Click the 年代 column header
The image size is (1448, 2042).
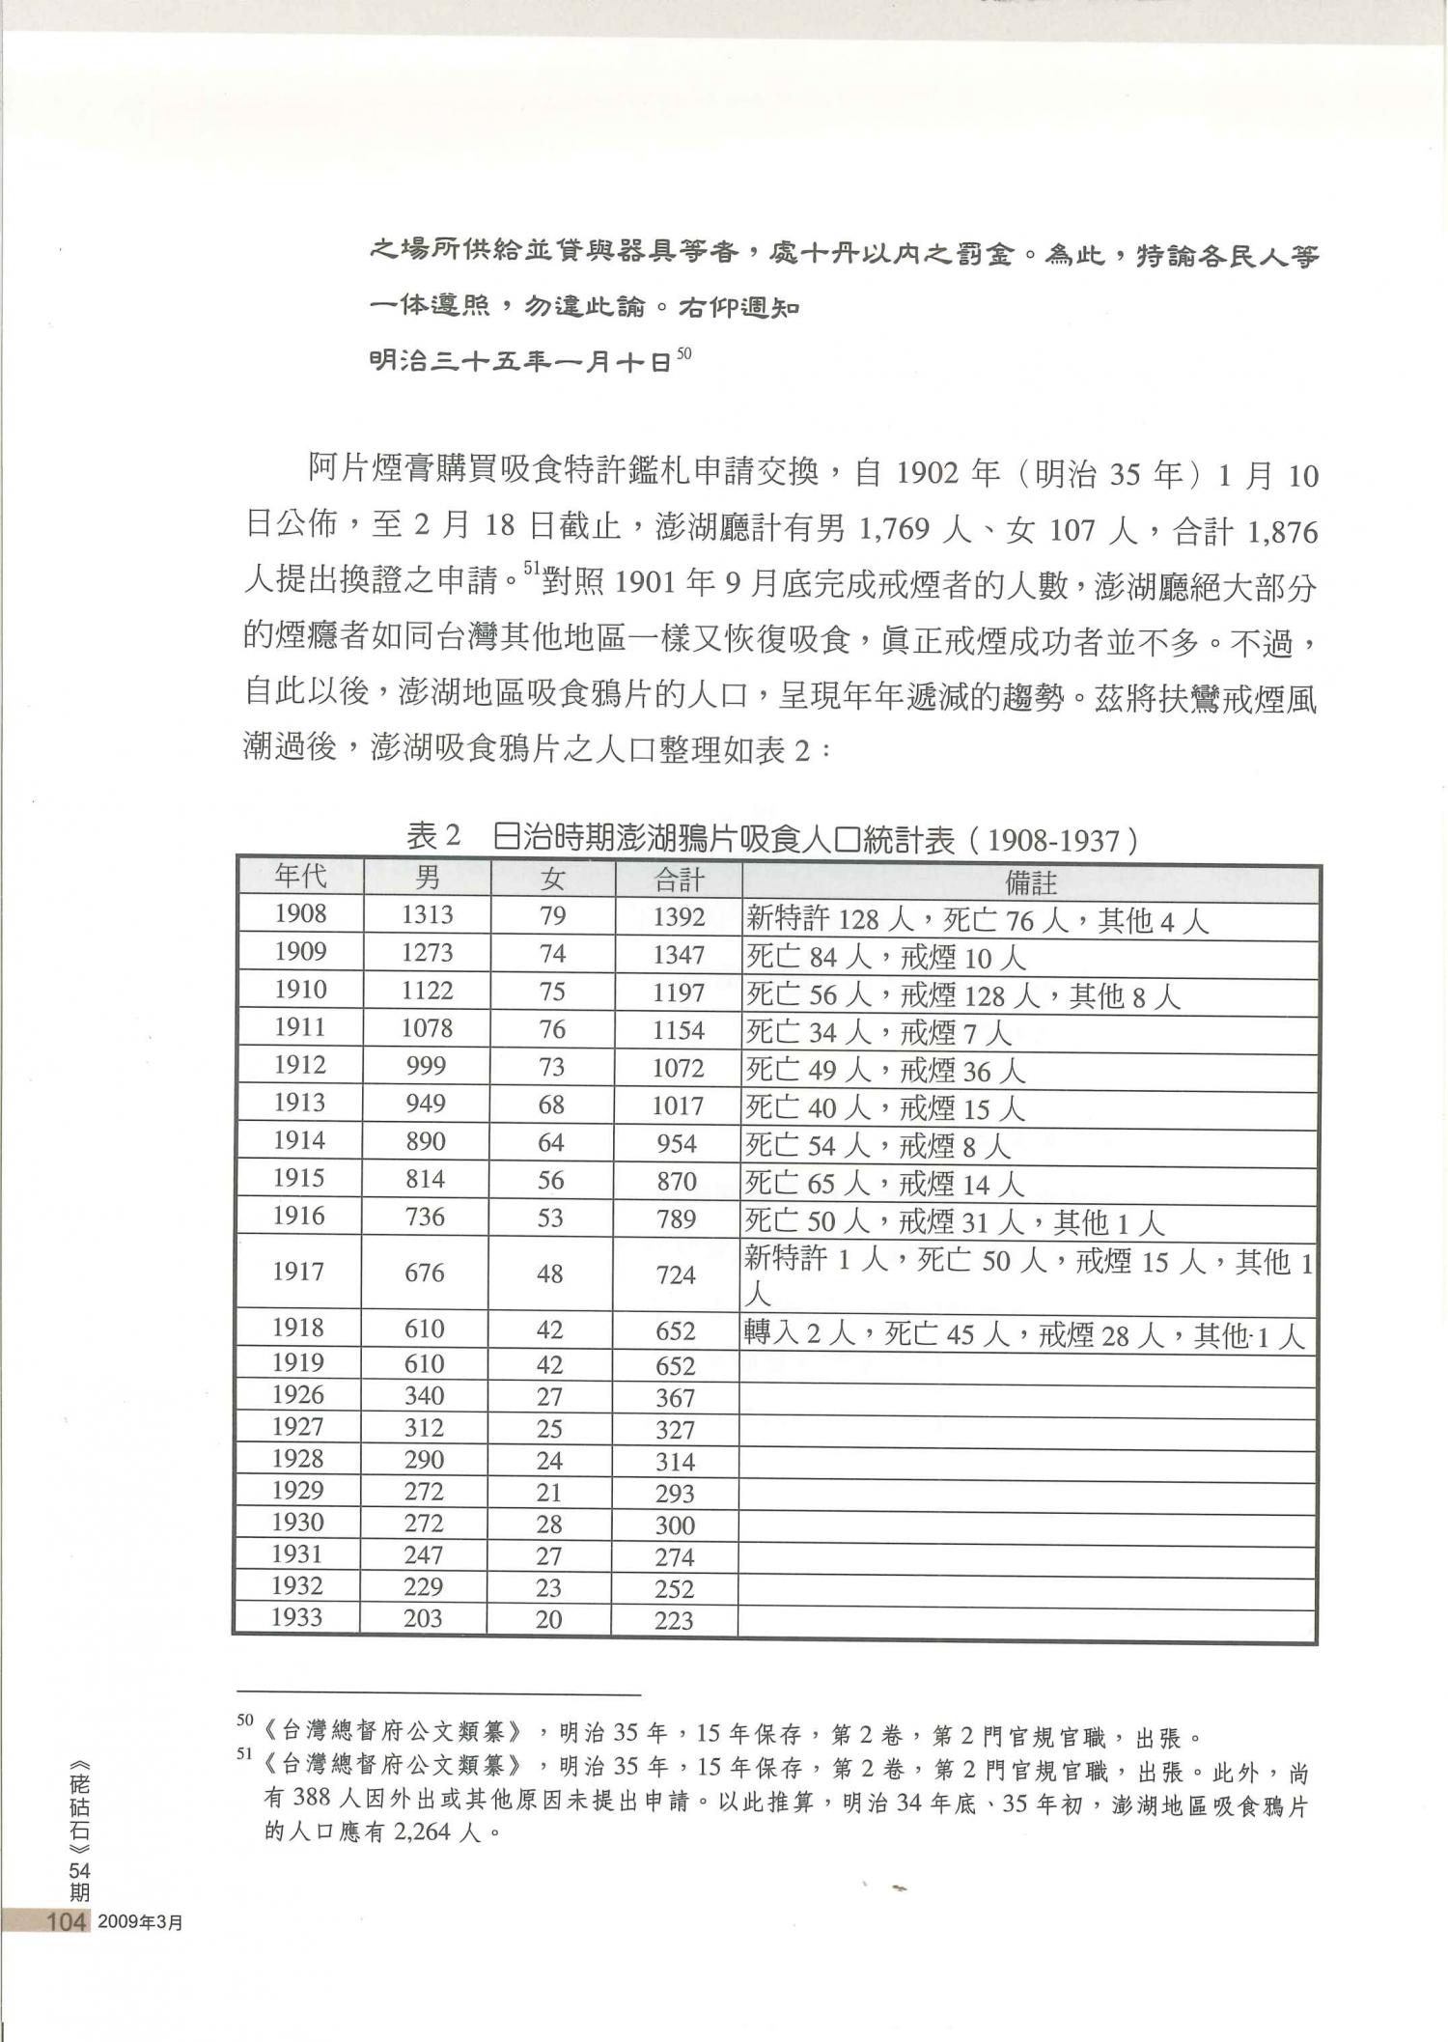tap(300, 877)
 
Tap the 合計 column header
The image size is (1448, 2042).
tap(679, 880)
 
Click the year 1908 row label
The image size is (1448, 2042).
tap(300, 913)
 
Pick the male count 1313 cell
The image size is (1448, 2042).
tap(427, 915)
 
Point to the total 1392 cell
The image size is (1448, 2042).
tap(678, 917)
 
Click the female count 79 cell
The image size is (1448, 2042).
tap(552, 916)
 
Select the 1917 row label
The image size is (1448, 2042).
tap(297, 1272)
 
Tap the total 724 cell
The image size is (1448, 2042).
tap(676, 1275)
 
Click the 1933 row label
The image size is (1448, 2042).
tap(296, 1617)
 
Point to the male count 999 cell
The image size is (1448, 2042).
tap(426, 1066)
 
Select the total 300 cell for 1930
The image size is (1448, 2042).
tap(674, 1525)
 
